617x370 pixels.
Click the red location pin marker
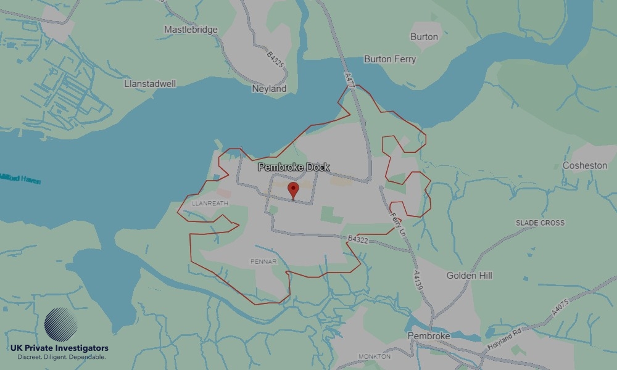(294, 190)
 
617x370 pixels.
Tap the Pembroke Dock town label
(294, 167)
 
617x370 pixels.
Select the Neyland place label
(270, 89)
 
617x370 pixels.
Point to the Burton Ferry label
(390, 59)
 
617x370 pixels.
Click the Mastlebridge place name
(191, 30)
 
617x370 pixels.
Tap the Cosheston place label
(585, 166)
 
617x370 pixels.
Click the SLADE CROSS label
(540, 223)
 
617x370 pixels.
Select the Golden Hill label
(470, 276)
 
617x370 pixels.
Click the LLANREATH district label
(210, 202)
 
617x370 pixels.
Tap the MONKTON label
(375, 356)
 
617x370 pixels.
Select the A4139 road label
(418, 281)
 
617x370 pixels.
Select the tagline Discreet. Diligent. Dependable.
(61, 357)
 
